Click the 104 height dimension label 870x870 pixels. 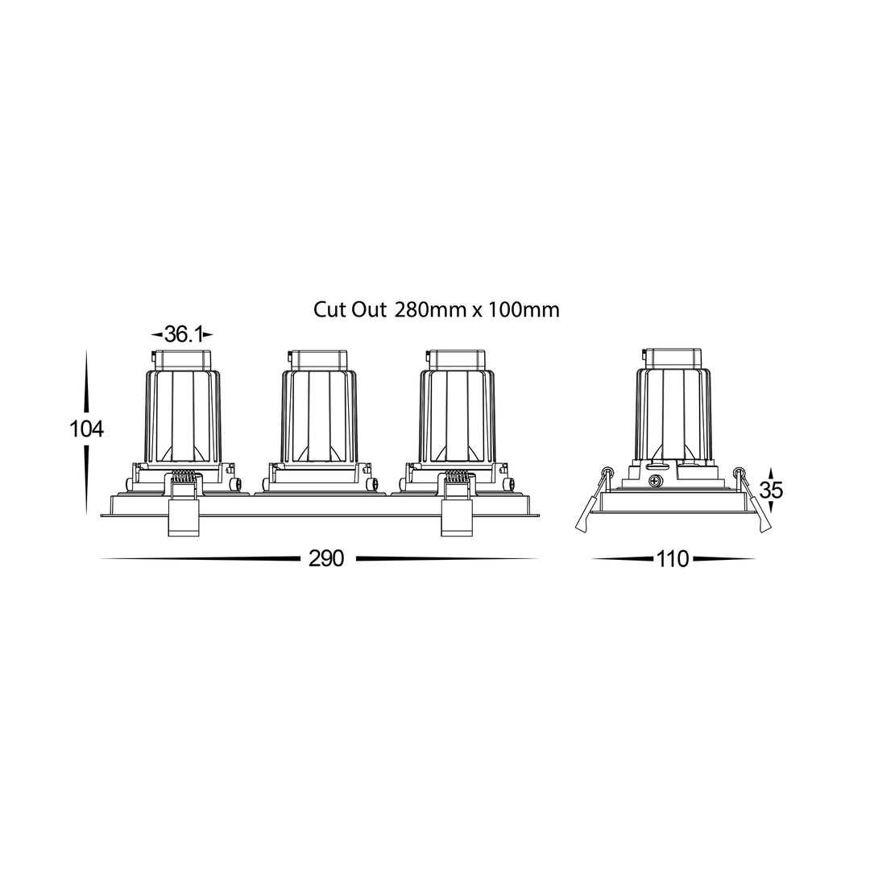tap(86, 429)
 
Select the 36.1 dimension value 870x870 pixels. tap(182, 334)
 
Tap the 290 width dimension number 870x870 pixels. tap(326, 558)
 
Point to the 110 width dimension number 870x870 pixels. tap(673, 559)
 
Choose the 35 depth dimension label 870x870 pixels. tap(771, 491)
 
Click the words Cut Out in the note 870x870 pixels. tap(350, 309)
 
